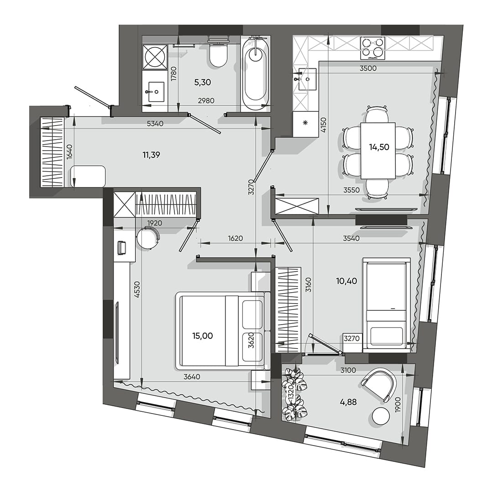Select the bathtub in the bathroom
point(255,73)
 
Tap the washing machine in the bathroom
point(155,57)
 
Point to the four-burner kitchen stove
point(373,48)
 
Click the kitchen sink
point(307,79)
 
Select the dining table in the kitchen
point(378,151)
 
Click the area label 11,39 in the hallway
point(151,155)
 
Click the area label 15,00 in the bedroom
point(203,336)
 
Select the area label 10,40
point(346,281)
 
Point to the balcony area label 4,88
point(348,402)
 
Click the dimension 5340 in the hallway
point(155,123)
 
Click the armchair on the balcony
point(380,384)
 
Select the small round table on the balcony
point(381,416)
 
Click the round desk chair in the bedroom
point(148,238)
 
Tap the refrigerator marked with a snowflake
point(305,124)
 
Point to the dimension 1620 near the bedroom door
point(236,238)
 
